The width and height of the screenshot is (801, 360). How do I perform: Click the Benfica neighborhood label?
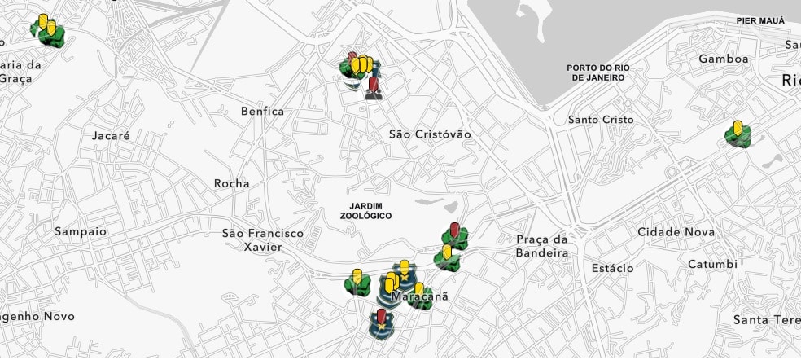tap(262, 111)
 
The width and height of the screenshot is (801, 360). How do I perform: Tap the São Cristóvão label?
tap(429, 134)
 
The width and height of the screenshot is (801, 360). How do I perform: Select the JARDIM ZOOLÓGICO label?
tap(365, 211)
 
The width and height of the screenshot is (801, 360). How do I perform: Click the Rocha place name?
tap(231, 183)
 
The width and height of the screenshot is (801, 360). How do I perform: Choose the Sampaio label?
tap(81, 231)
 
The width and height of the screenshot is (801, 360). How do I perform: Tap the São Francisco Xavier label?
tap(262, 239)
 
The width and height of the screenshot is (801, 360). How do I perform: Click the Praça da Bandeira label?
tap(542, 246)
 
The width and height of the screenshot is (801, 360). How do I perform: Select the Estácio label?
tap(612, 268)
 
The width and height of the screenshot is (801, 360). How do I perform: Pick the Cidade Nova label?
tap(676, 232)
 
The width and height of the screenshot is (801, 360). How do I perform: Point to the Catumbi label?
tap(712, 264)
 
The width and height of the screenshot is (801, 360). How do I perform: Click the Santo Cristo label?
tap(601, 120)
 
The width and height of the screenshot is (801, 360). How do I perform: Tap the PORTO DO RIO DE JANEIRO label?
tap(597, 72)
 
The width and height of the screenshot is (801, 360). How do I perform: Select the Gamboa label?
tap(723, 59)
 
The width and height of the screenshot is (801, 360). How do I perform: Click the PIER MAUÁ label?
tap(760, 20)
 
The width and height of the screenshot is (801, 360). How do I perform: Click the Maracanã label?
tap(420, 297)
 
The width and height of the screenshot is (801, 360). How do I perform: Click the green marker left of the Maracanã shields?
tap(357, 283)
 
